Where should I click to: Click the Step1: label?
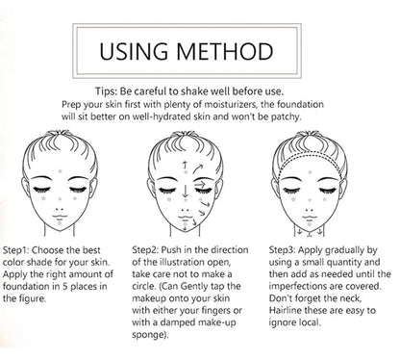point(23,248)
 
